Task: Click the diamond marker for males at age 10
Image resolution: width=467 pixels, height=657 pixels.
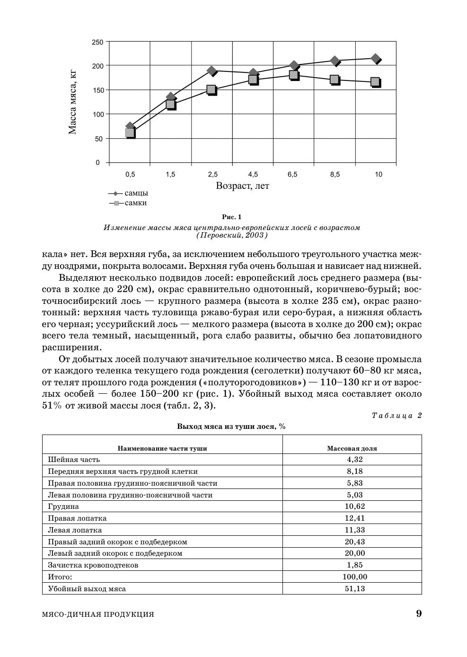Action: pos(376,59)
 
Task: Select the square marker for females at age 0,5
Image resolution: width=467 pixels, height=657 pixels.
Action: pos(130,133)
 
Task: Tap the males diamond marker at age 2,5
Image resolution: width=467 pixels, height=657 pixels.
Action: pos(211,71)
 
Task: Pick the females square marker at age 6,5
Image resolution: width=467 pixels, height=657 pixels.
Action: pos(293,75)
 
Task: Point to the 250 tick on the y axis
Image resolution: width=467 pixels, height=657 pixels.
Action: pos(97,42)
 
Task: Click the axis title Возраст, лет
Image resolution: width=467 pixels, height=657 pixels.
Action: pos(242,186)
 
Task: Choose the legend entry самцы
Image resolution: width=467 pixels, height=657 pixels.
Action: pos(136,193)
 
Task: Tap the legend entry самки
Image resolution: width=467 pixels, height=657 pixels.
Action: pos(135,203)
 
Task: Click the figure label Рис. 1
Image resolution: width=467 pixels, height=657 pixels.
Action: pos(232,217)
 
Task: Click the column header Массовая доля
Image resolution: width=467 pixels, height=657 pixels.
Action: pos(352,448)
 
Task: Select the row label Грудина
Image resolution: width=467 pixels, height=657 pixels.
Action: pos(63,506)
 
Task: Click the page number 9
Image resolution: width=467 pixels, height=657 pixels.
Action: pos(418,614)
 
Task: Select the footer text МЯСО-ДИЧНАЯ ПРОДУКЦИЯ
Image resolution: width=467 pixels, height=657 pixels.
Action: pos(98,614)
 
